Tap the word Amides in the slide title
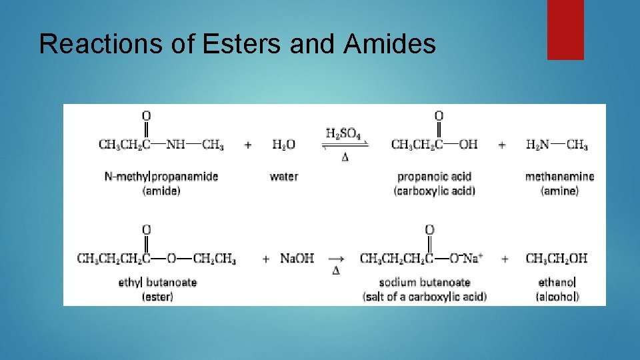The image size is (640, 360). point(390,44)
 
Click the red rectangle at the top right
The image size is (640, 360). point(565,29)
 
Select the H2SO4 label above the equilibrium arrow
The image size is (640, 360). point(343,133)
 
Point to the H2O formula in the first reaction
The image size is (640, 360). point(283,145)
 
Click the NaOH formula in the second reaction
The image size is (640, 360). point(297,258)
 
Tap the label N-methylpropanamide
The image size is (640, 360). point(161,177)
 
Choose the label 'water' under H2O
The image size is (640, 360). point(283,177)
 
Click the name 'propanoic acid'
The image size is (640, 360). point(434,177)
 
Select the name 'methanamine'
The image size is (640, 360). point(559,177)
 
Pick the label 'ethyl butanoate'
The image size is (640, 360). point(157,282)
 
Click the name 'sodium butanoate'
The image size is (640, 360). point(425,282)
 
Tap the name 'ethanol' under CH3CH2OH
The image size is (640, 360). point(557,282)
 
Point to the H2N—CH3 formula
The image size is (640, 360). point(556,145)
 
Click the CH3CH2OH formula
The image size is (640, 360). point(556,258)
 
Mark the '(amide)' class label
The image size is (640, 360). point(161,191)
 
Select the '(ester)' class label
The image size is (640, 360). point(157,297)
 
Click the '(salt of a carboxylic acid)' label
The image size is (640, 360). point(425,297)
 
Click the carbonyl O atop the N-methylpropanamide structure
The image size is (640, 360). point(146,116)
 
